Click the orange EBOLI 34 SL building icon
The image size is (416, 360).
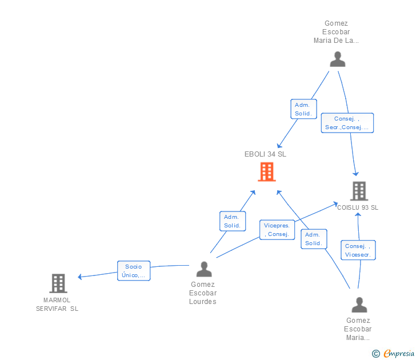(x=267, y=172)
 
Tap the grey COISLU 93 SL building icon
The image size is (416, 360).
(x=359, y=191)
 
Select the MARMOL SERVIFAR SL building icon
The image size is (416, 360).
(x=58, y=283)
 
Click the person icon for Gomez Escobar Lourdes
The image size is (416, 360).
(x=204, y=269)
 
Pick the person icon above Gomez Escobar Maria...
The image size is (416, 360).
(x=359, y=305)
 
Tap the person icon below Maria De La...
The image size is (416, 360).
(x=338, y=59)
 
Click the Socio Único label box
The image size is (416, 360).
(x=134, y=271)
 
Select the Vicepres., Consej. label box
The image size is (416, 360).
(x=277, y=230)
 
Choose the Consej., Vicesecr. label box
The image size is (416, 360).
(x=358, y=250)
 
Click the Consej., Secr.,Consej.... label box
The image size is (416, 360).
(x=347, y=123)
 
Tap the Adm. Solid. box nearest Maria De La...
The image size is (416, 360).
(x=303, y=109)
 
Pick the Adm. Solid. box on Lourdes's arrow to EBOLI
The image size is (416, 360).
(x=233, y=221)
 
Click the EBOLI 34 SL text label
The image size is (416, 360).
(x=265, y=154)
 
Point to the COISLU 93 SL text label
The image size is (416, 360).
(x=358, y=207)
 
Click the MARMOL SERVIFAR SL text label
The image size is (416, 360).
(x=57, y=305)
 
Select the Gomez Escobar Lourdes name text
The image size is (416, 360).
(x=203, y=293)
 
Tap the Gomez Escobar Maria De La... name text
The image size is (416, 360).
(x=336, y=32)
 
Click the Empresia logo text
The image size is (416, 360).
(x=399, y=353)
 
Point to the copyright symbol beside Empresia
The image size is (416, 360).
(x=376, y=354)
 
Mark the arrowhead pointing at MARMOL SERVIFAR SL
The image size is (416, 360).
(x=80, y=277)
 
